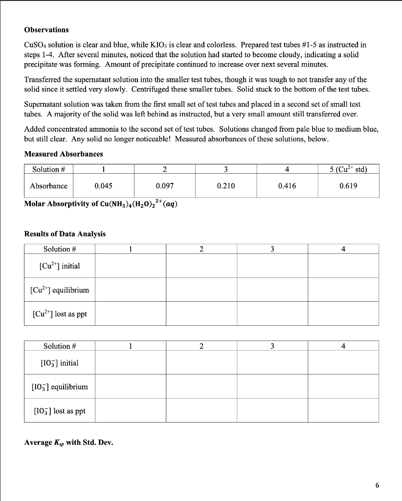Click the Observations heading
click(46, 30)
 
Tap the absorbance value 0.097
click(164, 186)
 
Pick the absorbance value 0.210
click(225, 186)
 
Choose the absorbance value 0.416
click(287, 186)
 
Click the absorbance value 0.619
click(348, 186)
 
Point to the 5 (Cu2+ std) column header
click(348, 170)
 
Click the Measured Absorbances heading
click(64, 154)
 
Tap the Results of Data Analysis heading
click(65, 234)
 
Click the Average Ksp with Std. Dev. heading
click(68, 443)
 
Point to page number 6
click(377, 485)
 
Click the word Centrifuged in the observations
click(152, 90)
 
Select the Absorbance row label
click(48, 186)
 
